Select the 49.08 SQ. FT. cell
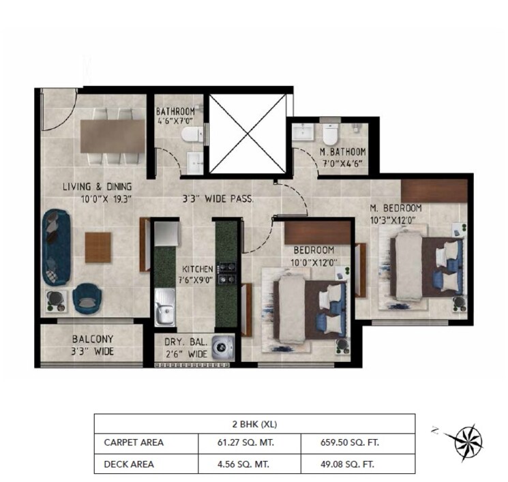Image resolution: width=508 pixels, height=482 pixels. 357,464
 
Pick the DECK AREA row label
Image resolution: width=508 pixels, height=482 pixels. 129,464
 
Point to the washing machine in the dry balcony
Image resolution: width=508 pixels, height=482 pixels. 221,348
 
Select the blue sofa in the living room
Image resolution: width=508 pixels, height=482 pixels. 55,247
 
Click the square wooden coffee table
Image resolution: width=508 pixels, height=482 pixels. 98,245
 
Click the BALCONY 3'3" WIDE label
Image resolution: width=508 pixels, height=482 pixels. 93,345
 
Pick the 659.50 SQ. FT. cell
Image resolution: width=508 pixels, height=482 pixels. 357,442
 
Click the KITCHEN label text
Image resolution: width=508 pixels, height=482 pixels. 197,269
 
